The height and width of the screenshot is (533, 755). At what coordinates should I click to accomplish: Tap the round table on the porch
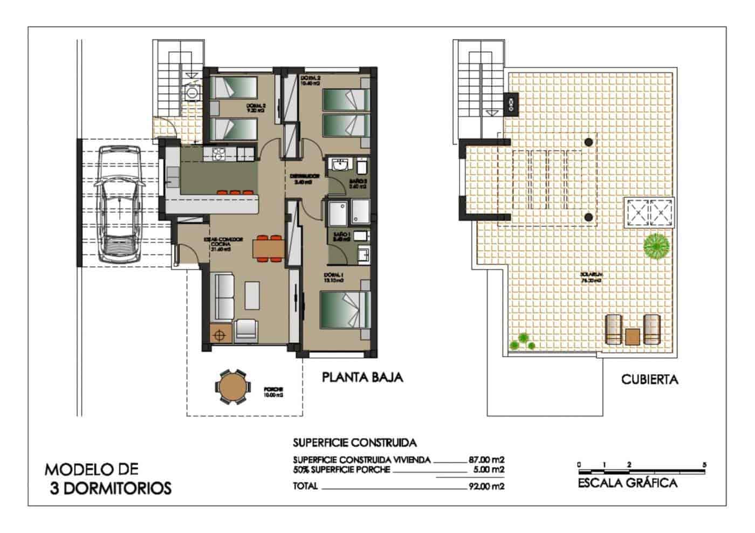[x=232, y=386]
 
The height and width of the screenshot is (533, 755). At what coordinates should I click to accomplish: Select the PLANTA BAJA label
[x=362, y=377]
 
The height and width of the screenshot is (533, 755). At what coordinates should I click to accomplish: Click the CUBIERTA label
[x=649, y=380]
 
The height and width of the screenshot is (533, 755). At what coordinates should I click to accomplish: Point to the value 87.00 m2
[x=486, y=460]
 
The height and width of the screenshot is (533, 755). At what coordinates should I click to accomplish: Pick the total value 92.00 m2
[x=486, y=486]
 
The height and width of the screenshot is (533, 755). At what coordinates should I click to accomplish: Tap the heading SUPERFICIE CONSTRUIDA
[x=355, y=443]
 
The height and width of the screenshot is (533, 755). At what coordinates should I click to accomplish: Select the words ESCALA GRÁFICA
[x=627, y=483]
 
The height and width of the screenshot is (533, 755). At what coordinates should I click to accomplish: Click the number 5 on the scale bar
[x=704, y=464]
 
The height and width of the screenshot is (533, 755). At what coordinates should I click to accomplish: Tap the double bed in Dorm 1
[x=345, y=309]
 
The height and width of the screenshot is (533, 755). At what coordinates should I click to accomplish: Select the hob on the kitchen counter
[x=219, y=154]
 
